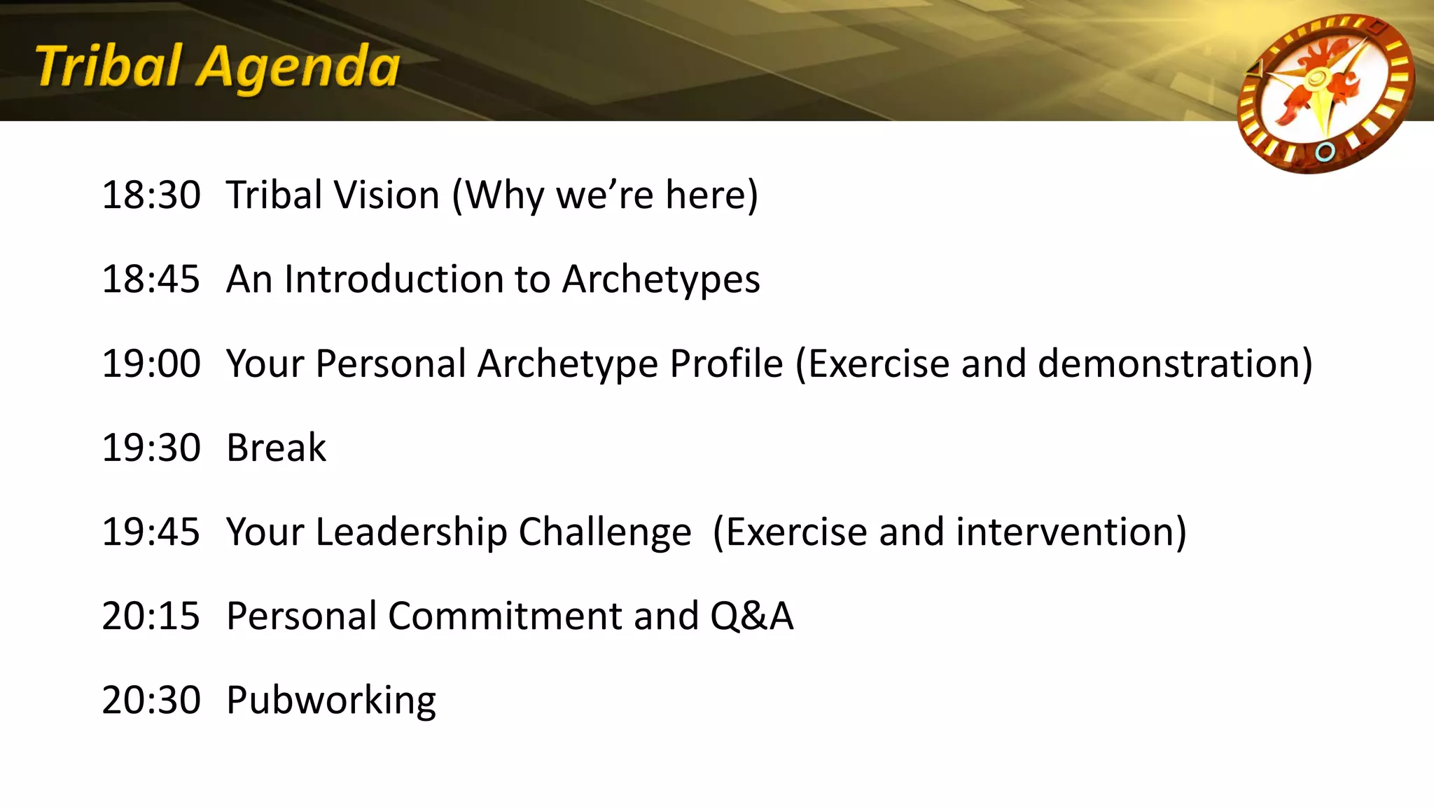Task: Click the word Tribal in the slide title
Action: [109, 67]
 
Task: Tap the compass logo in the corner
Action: [1325, 93]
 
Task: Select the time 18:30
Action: [151, 195]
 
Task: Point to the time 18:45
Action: [151, 279]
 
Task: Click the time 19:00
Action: [151, 364]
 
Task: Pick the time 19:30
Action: [151, 448]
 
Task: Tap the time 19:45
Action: [151, 532]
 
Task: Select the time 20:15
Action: [151, 616]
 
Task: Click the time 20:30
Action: [151, 700]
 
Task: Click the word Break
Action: [277, 448]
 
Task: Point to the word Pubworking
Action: [331, 700]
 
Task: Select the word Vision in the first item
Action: [387, 195]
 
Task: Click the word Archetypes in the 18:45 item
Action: [661, 279]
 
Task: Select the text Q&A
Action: [751, 616]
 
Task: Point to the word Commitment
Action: [505, 616]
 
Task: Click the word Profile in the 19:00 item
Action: [726, 364]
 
